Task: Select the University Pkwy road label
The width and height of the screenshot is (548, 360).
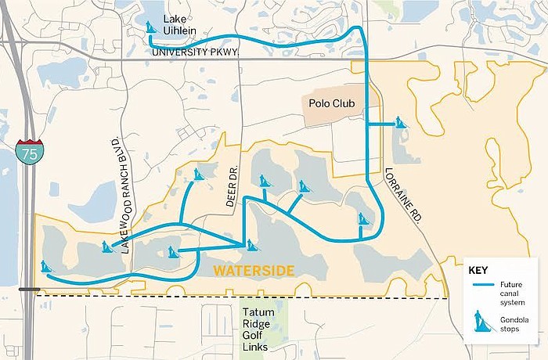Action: coord(194,52)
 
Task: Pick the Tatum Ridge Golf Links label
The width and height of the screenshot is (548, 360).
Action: coord(258,329)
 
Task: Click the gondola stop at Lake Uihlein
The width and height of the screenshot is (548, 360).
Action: coord(152,29)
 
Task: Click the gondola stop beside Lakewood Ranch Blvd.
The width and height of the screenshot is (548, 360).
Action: coord(106,247)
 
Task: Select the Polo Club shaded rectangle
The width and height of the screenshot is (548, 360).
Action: coord(333,110)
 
